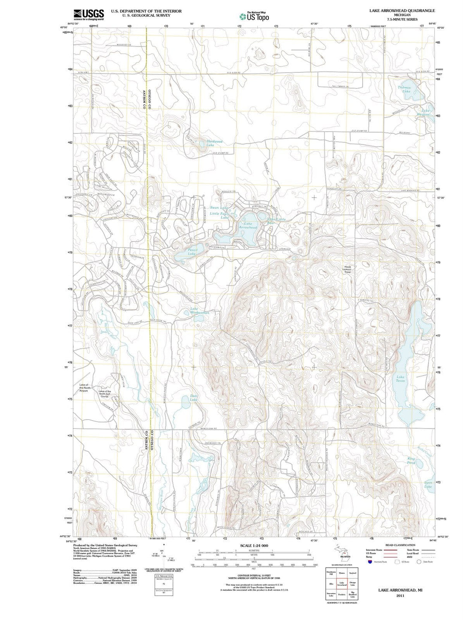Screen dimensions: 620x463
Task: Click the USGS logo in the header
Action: [89, 15]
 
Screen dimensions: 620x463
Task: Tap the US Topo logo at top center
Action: [255, 17]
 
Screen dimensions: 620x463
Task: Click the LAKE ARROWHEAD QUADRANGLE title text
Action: [402, 10]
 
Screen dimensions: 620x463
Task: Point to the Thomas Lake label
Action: [404, 89]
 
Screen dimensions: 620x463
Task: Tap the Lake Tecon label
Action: [400, 379]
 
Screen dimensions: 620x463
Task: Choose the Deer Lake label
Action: [194, 398]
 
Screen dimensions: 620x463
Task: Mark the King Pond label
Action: [411, 461]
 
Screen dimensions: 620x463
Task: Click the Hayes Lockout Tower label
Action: [347, 269]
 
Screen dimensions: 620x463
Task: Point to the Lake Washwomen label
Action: [200, 311]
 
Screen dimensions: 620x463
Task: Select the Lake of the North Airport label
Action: [83, 388]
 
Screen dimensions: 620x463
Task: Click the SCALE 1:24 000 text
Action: [254, 545]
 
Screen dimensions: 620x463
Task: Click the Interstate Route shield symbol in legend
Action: [370, 562]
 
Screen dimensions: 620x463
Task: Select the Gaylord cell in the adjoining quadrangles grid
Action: [352, 573]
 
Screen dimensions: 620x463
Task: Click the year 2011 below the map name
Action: [400, 596]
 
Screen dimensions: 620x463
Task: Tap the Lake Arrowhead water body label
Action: [248, 226]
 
